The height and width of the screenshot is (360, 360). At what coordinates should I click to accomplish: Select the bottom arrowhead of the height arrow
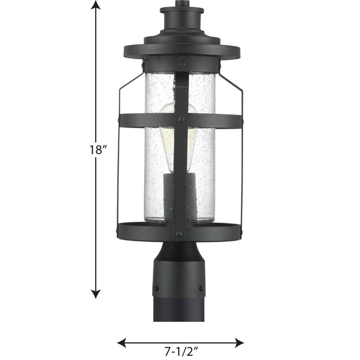[95, 294]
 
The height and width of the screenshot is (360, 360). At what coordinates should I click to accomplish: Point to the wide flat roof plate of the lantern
[182, 51]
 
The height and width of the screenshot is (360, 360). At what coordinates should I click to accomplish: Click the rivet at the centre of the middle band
[182, 119]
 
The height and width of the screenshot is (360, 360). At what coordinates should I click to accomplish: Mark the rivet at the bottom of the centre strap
[179, 233]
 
